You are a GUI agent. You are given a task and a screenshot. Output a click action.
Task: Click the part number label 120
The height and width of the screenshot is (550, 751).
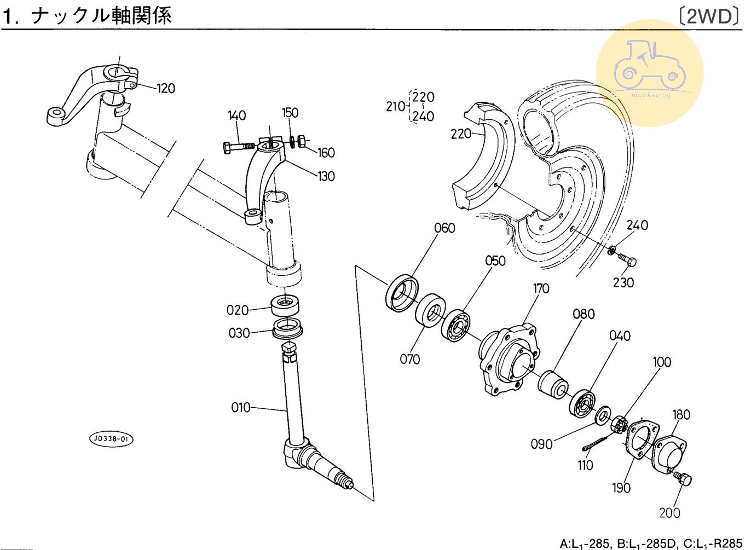point(166,88)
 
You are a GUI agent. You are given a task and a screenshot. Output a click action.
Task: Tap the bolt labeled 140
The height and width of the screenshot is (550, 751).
point(239,147)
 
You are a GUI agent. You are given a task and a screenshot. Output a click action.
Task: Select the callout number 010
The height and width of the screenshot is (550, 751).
point(240,407)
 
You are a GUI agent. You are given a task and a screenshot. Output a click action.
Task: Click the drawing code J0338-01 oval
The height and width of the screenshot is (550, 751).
point(112,439)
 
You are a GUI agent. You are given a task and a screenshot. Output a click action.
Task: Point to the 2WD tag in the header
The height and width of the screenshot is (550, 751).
point(709,16)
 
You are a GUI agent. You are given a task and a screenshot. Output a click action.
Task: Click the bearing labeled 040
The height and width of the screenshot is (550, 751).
point(583,404)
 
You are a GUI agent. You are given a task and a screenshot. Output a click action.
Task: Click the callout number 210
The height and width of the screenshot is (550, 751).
point(396,106)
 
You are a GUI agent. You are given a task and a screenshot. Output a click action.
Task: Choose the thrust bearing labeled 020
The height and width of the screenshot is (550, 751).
point(285,305)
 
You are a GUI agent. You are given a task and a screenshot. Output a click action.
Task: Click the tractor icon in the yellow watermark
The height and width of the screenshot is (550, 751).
point(649,66)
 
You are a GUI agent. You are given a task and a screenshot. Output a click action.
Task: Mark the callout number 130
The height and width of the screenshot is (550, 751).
point(326,176)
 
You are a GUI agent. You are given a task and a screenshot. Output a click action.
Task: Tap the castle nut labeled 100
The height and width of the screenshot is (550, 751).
point(619,424)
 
